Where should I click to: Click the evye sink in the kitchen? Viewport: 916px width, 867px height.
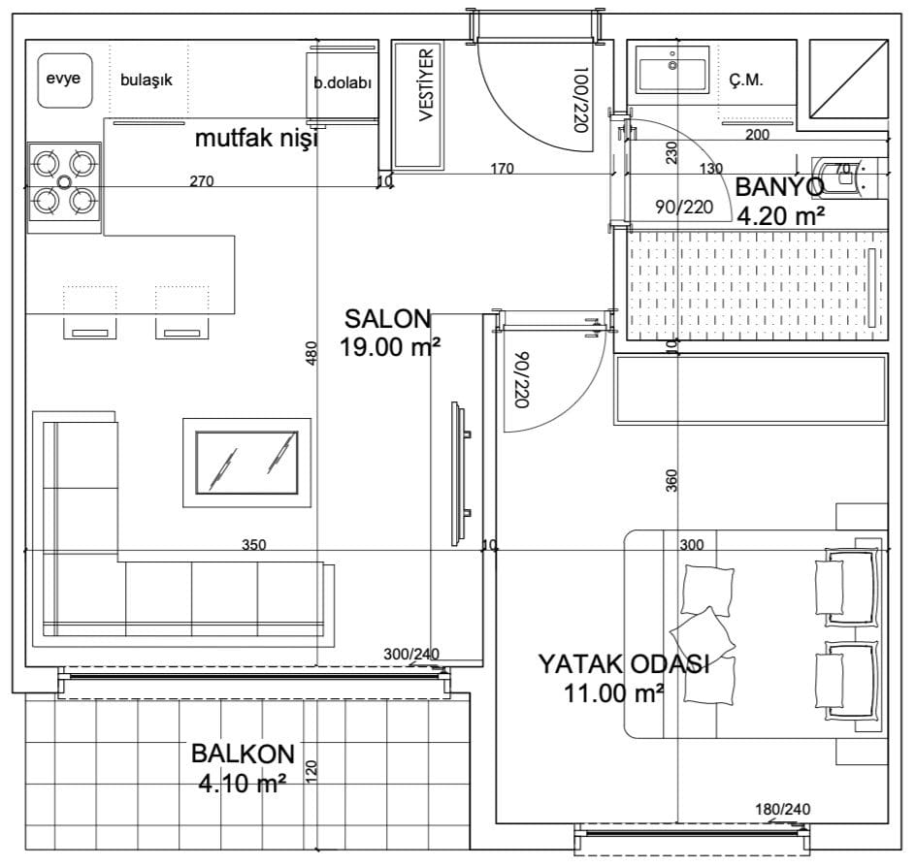[65, 80]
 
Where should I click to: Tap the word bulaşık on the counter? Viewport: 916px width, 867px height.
[147, 80]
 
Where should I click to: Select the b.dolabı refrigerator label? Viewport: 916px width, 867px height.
[343, 82]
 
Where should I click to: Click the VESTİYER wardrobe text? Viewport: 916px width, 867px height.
[426, 85]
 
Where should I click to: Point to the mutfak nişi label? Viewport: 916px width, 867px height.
[256, 139]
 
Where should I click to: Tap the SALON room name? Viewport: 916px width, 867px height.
[387, 319]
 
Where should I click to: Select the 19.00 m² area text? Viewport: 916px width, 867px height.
[390, 347]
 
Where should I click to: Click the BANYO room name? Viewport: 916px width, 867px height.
[779, 187]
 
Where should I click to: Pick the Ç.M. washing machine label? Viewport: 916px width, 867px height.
[746, 80]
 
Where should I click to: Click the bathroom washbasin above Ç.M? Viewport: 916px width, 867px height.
[672, 70]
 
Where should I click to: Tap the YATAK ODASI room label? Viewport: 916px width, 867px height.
[624, 664]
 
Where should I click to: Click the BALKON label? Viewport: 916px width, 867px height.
[243, 754]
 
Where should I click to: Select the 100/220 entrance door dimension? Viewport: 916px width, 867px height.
[580, 100]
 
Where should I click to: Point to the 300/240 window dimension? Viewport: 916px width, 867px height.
[411, 655]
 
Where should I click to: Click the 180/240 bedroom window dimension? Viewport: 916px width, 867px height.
[783, 809]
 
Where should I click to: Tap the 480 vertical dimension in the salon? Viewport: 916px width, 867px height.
[311, 353]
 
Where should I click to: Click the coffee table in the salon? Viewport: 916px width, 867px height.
[246, 463]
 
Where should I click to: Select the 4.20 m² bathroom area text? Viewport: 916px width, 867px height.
[780, 216]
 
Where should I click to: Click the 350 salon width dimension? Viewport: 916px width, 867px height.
[253, 545]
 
